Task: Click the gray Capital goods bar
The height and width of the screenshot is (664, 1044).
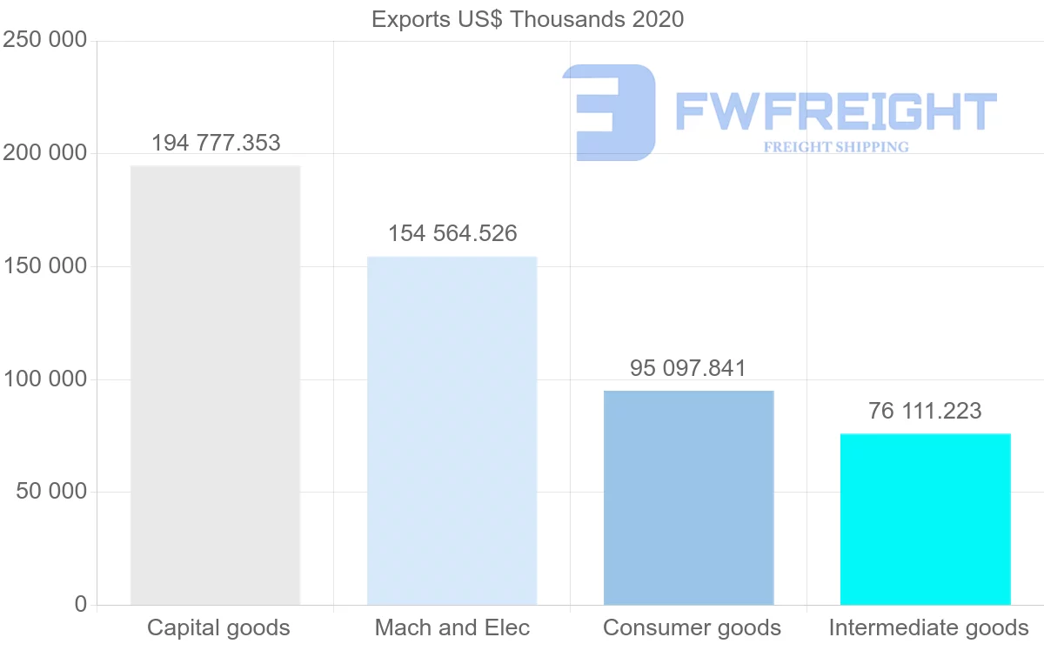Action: pyautogui.click(x=215, y=385)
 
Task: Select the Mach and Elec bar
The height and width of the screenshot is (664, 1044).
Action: pyautogui.click(x=452, y=430)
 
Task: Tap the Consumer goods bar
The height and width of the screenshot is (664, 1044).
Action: pyautogui.click(x=688, y=497)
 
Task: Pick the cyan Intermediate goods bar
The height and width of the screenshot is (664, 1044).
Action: pyautogui.click(x=925, y=519)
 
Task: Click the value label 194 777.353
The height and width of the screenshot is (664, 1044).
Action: pyautogui.click(x=216, y=143)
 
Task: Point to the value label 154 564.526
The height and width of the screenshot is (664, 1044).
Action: pyautogui.click(x=452, y=233)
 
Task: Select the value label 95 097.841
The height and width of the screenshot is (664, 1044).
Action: pyautogui.click(x=688, y=368)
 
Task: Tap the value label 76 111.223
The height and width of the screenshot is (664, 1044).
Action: pyautogui.click(x=925, y=411)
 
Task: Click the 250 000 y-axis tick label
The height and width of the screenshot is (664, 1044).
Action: pyautogui.click(x=45, y=40)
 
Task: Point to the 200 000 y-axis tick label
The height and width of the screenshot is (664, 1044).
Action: pyautogui.click(x=45, y=153)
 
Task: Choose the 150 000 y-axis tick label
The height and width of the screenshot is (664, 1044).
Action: pyautogui.click(x=45, y=266)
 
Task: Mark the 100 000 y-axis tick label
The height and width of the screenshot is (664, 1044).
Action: pyautogui.click(x=45, y=379)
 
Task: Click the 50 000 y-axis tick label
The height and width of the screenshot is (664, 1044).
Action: pyautogui.click(x=51, y=492)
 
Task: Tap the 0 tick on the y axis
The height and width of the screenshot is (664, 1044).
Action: pyautogui.click(x=81, y=604)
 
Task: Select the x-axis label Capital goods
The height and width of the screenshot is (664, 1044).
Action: pyautogui.click(x=218, y=627)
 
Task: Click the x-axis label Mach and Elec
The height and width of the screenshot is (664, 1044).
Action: pyautogui.click(x=452, y=627)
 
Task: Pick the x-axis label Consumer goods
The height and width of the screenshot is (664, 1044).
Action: pyautogui.click(x=692, y=627)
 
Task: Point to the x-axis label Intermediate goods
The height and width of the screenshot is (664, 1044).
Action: pyautogui.click(x=928, y=627)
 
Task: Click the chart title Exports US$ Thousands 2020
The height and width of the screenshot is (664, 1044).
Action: pyautogui.click(x=527, y=19)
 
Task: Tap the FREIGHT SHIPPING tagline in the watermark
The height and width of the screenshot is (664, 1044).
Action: pyautogui.click(x=836, y=147)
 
